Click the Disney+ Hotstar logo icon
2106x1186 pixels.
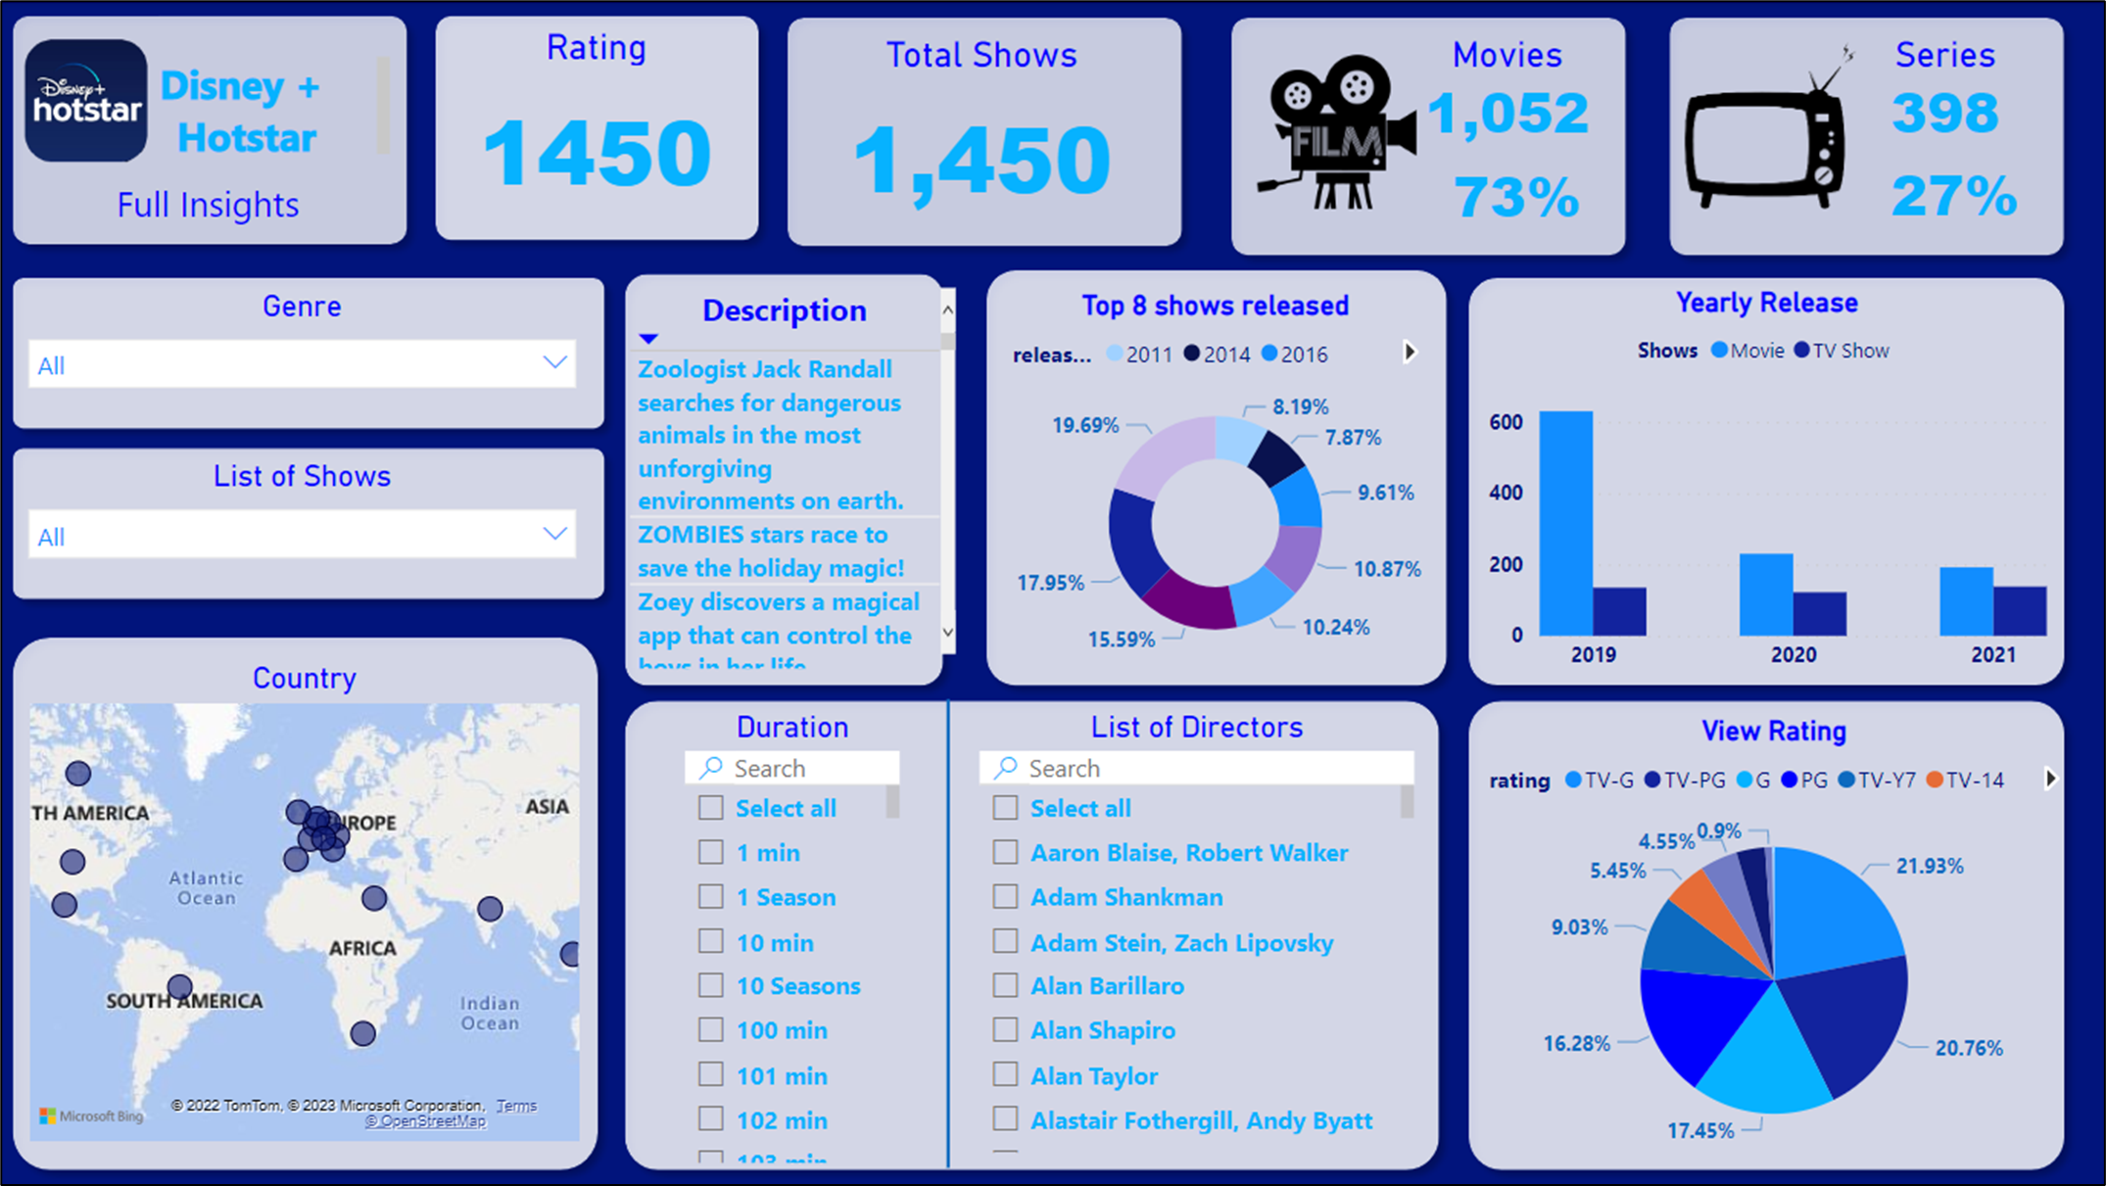coord(86,101)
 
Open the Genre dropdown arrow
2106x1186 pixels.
coord(554,363)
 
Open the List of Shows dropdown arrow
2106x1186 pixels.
coord(554,535)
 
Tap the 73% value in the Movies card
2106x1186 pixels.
coord(1516,198)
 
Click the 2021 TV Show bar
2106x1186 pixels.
coord(2020,611)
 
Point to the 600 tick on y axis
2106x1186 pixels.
coord(1506,422)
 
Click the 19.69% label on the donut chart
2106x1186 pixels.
coord(1084,425)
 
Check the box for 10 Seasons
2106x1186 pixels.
coord(711,985)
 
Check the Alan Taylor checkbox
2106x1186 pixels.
coord(1005,1074)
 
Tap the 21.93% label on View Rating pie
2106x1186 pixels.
coord(1929,866)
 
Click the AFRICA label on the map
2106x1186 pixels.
coord(362,948)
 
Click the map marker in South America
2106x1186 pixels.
coord(180,986)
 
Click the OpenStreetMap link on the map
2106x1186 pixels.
coord(425,1121)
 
